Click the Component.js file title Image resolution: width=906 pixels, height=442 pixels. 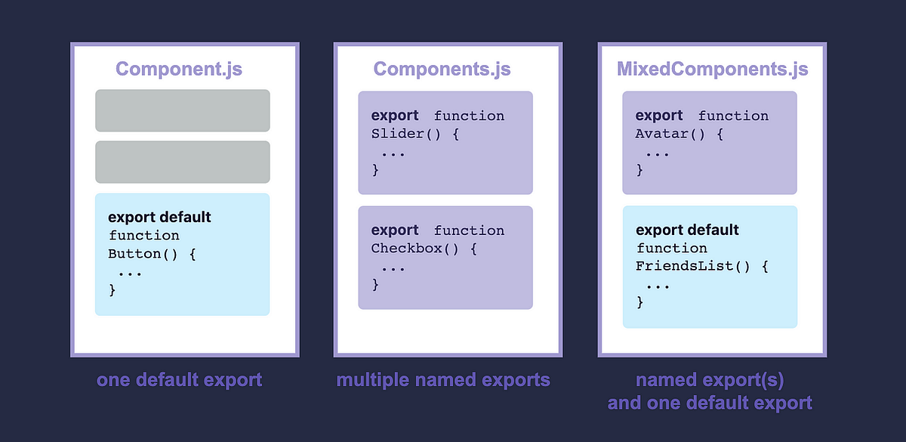click(179, 70)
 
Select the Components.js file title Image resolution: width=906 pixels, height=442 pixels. click(442, 70)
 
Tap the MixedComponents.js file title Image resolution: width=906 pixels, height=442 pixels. click(712, 70)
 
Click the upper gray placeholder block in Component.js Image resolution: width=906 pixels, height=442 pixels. click(182, 110)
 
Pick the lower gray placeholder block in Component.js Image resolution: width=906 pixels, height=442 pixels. click(182, 162)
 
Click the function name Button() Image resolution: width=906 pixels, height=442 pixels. click(143, 254)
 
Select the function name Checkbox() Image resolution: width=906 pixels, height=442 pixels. click(416, 249)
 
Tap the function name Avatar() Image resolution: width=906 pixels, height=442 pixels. click(670, 134)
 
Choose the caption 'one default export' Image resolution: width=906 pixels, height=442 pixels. click(179, 379)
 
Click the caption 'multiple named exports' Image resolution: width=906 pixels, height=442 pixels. click(443, 379)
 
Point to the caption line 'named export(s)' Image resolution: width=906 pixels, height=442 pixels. click(710, 379)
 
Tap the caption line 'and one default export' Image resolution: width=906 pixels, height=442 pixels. click(710, 403)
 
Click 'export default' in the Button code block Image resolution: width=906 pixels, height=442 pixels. click(159, 218)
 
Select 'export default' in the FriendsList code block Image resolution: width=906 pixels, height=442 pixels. click(687, 230)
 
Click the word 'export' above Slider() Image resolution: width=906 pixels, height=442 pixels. click(395, 116)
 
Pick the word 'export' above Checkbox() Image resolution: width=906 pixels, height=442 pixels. click(395, 230)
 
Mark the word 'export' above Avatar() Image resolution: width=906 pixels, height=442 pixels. click(659, 116)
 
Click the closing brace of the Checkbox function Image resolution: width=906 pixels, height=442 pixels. click(375, 285)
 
